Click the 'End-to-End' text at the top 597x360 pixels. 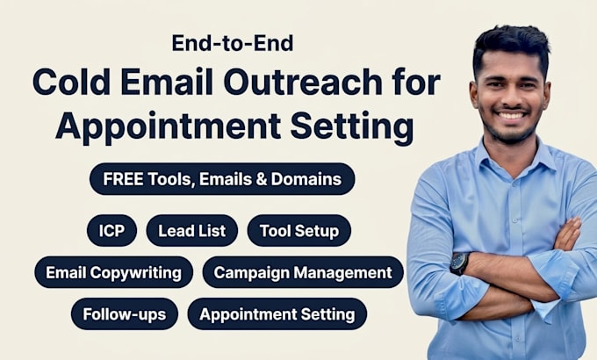point(233,43)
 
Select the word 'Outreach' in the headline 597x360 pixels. point(303,82)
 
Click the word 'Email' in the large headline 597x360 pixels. point(167,82)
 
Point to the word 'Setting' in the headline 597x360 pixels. point(352,126)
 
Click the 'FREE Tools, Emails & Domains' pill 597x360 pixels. point(222,179)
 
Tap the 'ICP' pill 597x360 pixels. point(111,230)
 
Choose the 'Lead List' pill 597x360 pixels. point(192,230)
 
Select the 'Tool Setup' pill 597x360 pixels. point(298,230)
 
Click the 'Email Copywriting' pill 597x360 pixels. point(113,272)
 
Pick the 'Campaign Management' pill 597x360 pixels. point(303,272)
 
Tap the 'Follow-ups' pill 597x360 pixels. point(125,314)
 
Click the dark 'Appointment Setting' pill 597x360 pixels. point(277,314)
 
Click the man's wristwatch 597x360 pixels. point(459,263)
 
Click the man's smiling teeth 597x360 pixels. point(511,115)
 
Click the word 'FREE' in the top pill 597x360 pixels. point(123,179)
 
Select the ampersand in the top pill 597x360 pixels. point(262,179)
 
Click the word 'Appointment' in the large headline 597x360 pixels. point(169,126)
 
